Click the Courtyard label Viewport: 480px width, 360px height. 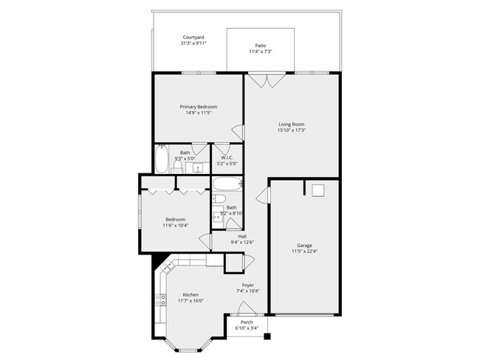(193, 37)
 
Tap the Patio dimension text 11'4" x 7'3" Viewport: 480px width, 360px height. (259, 52)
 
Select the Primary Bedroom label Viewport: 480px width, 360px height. (198, 106)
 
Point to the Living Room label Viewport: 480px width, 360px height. (291, 124)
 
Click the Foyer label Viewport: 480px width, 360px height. (248, 285)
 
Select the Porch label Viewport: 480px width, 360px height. (247, 322)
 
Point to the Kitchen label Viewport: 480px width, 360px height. (190, 294)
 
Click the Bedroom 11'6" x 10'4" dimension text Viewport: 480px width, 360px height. (176, 225)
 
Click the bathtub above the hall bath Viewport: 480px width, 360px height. (227, 183)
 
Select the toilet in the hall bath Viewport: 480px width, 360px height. (219, 199)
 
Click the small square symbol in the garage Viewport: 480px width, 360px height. (318, 190)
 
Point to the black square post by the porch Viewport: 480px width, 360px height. (267, 337)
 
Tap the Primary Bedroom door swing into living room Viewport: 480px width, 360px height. (239, 132)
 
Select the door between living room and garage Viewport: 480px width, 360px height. (264, 197)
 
